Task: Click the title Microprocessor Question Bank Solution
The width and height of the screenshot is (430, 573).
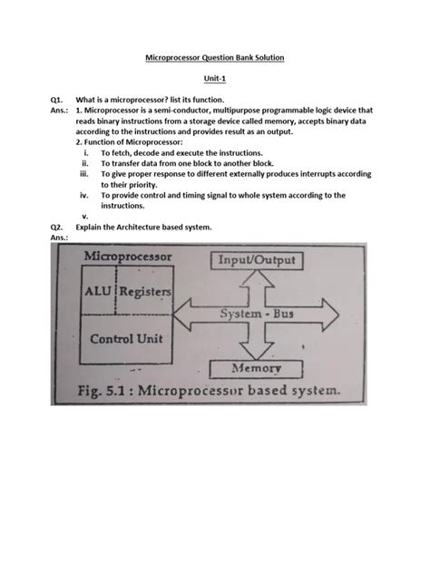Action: tap(216, 58)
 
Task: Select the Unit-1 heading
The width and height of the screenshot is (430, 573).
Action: tap(216, 80)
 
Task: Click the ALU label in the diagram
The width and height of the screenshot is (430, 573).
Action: tap(98, 292)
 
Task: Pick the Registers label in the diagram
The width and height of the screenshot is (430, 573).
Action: tap(145, 292)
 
